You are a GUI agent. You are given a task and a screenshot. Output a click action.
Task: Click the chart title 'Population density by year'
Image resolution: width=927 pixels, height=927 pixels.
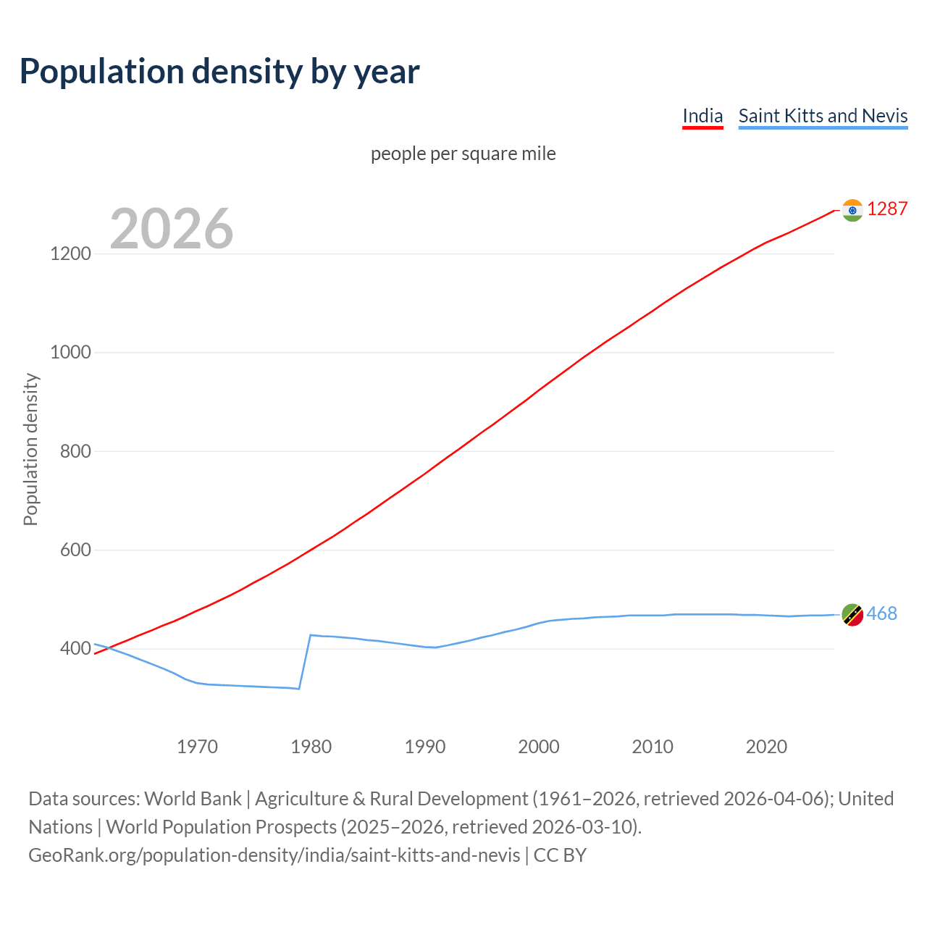point(219,72)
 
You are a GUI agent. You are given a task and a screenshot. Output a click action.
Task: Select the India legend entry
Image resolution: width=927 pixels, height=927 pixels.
point(702,116)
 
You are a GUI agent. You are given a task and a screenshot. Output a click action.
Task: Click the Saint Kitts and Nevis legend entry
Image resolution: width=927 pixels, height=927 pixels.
point(823,116)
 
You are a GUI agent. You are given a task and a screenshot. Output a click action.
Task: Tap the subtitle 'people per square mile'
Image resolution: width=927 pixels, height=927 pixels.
point(463,154)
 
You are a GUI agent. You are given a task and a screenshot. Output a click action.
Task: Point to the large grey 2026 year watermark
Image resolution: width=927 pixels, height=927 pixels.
point(172,229)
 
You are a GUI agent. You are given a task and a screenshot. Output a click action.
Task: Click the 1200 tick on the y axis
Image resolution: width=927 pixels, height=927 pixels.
point(71,253)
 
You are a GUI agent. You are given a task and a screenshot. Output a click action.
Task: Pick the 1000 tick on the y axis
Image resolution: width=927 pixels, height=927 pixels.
point(71,353)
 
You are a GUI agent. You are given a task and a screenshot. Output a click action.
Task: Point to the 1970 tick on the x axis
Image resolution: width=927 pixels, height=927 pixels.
point(197,746)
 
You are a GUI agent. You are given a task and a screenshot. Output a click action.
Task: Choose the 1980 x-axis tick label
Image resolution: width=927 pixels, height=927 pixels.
point(311,746)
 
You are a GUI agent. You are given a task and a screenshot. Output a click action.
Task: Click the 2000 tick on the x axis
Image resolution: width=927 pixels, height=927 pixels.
point(539,746)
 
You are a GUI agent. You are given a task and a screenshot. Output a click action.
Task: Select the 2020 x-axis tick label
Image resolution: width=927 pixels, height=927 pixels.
point(766,746)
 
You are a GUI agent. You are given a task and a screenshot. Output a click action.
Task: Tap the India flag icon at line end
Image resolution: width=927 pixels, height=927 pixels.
point(852,210)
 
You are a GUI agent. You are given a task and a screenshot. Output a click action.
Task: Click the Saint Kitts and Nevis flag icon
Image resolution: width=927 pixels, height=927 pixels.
point(852,615)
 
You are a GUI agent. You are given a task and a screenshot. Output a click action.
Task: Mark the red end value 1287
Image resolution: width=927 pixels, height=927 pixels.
point(887,209)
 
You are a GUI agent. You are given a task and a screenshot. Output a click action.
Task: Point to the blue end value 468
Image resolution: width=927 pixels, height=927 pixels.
point(881,613)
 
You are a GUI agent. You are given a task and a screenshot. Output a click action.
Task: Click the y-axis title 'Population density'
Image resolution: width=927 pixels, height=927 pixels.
point(30,449)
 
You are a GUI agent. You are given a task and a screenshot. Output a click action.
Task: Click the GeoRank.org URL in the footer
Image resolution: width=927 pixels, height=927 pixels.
point(274,855)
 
